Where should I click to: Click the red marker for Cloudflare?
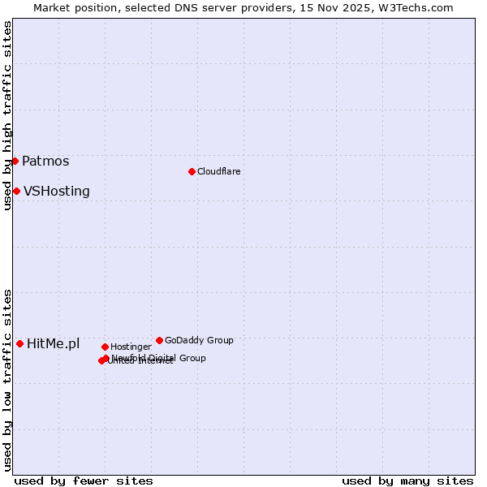point(192,171)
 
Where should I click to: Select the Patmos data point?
point(15,161)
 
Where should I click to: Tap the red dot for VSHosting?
point(16,191)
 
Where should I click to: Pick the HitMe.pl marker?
point(19,343)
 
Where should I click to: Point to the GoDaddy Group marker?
point(159,340)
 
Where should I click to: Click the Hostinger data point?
point(105,347)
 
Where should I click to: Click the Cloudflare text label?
point(218,171)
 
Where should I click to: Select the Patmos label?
point(45,161)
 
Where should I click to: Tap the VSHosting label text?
point(57,192)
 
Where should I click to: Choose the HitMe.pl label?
point(54,344)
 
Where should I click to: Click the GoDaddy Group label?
point(199,340)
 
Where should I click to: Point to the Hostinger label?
point(131,347)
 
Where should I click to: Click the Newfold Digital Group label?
point(159,358)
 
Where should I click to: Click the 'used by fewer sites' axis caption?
point(84,481)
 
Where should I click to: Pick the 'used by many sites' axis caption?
point(407,481)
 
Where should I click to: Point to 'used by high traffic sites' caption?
point(7,115)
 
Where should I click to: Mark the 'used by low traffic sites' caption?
point(7,380)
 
